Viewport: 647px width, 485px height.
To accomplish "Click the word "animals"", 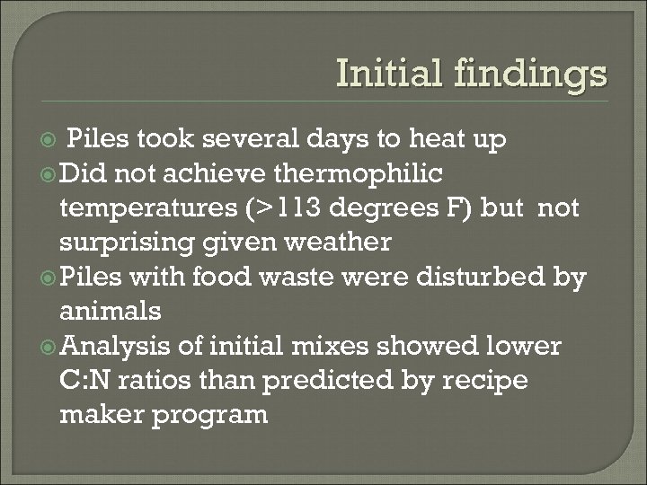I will (111, 313).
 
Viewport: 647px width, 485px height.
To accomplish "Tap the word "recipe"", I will (484, 381).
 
